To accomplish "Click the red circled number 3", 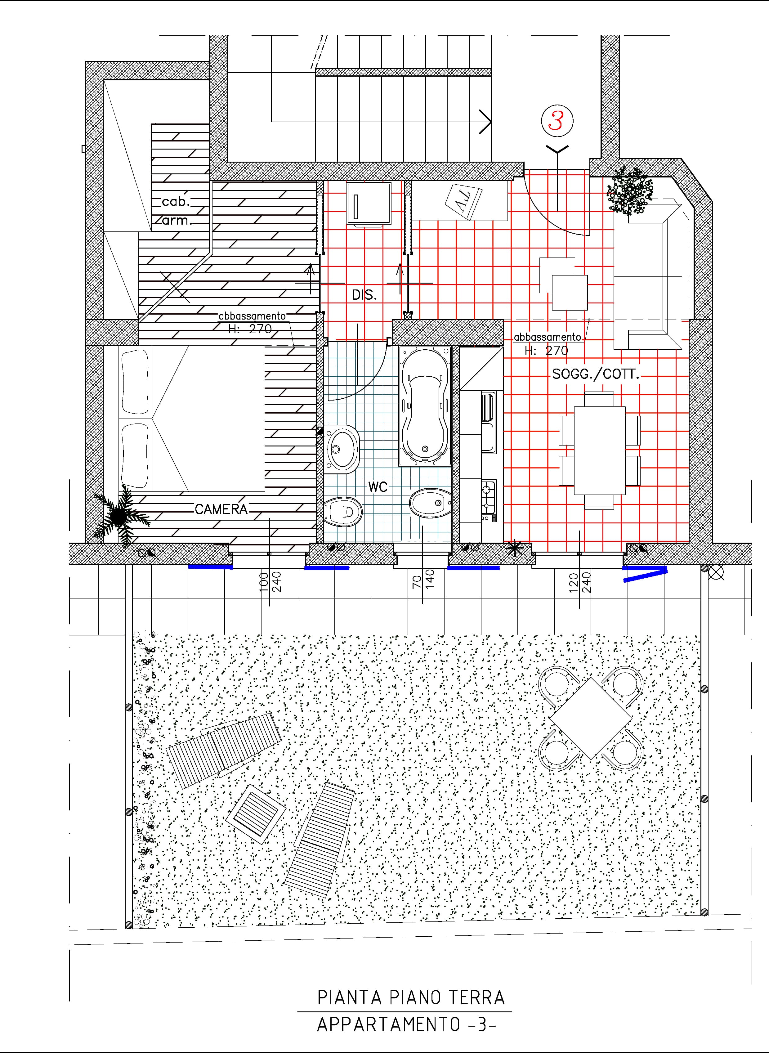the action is point(557,121).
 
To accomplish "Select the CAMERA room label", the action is point(221,509).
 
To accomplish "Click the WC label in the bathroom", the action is point(378,487).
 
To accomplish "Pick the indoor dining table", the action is point(600,450).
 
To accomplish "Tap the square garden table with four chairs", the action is point(591,718).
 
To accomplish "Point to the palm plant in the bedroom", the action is point(119,515).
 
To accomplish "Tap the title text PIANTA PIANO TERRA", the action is point(411,998).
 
